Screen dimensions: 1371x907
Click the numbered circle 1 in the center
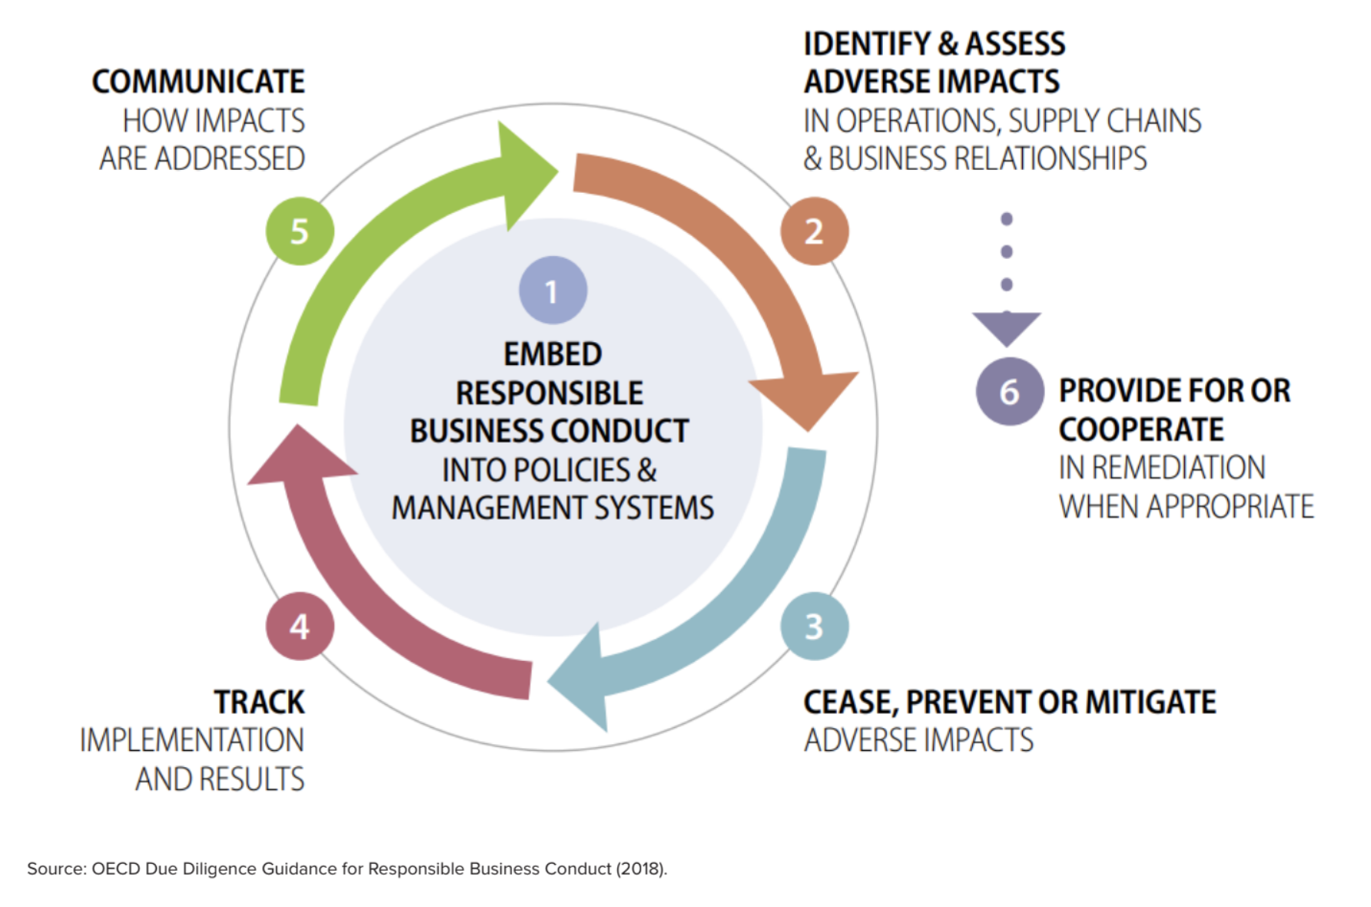click(553, 290)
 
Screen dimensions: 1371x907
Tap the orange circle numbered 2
click(815, 231)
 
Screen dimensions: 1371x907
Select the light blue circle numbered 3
click(815, 626)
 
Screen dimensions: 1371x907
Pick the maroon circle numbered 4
click(300, 626)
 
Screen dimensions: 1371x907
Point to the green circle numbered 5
click(300, 231)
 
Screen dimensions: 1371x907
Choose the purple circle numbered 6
click(1010, 391)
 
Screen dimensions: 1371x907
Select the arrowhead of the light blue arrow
click(580, 676)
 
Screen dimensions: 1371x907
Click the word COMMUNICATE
click(198, 81)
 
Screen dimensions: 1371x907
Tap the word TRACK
click(259, 702)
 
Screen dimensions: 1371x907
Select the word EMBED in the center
click(553, 354)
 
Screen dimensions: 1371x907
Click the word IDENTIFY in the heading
click(867, 44)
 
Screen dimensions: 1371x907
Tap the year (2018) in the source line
click(641, 869)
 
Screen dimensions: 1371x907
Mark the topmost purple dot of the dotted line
click(1007, 219)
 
